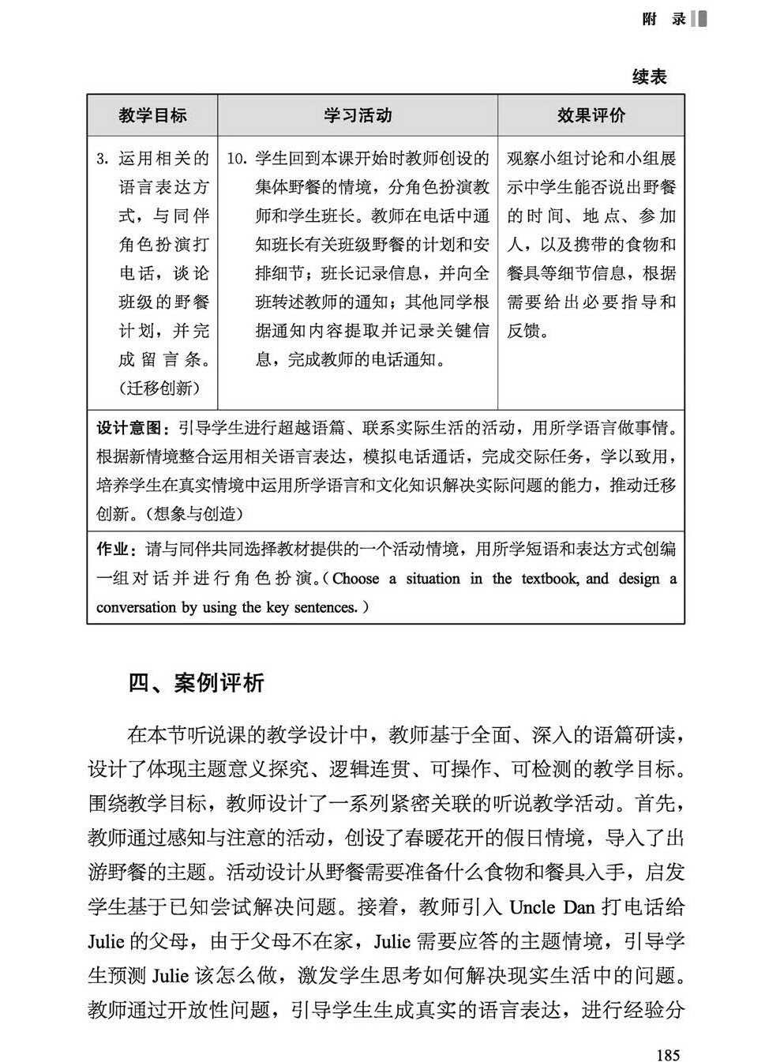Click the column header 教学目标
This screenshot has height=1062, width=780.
[x=152, y=115]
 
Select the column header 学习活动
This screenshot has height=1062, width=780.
[x=358, y=115]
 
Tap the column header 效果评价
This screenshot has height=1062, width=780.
[x=591, y=115]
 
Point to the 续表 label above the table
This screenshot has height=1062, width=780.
[x=649, y=77]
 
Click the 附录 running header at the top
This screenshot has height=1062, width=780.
[x=664, y=19]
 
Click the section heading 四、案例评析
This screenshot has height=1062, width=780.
[x=196, y=683]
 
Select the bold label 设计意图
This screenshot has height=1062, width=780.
[x=129, y=428]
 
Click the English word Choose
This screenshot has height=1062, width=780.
[x=355, y=579]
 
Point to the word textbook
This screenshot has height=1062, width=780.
[x=549, y=579]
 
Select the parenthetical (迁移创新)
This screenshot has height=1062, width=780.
[x=159, y=388]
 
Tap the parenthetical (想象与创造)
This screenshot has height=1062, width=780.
[x=193, y=514]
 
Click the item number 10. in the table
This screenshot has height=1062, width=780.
[x=238, y=159]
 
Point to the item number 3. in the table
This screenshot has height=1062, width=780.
[x=102, y=159]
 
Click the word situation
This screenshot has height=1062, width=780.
[x=433, y=579]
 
